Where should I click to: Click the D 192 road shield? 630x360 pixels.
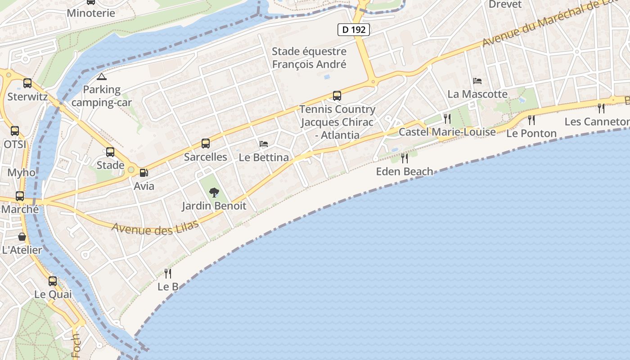(354, 30)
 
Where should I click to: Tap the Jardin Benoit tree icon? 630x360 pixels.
(214, 193)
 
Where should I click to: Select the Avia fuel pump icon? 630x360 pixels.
(144, 172)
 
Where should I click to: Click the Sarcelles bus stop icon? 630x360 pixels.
(206, 144)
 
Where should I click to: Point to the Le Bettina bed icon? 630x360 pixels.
(264, 144)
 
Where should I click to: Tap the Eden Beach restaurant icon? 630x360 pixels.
(404, 158)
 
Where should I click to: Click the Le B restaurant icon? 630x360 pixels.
(168, 273)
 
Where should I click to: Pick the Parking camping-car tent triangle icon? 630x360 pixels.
(102, 76)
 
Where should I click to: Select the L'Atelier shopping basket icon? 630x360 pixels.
(22, 237)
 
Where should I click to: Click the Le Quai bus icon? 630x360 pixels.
(53, 281)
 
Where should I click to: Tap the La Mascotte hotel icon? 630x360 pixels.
(477, 81)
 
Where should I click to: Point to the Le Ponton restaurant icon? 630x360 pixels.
(531, 120)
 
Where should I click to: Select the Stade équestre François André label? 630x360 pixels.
(309, 58)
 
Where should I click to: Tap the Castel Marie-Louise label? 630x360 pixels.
(447, 132)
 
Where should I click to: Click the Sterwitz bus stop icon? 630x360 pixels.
(27, 83)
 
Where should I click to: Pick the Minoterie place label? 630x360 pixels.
(91, 13)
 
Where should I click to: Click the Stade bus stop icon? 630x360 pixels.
(110, 152)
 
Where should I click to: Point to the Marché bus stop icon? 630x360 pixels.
(20, 196)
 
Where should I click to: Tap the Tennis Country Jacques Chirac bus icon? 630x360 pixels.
(337, 96)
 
